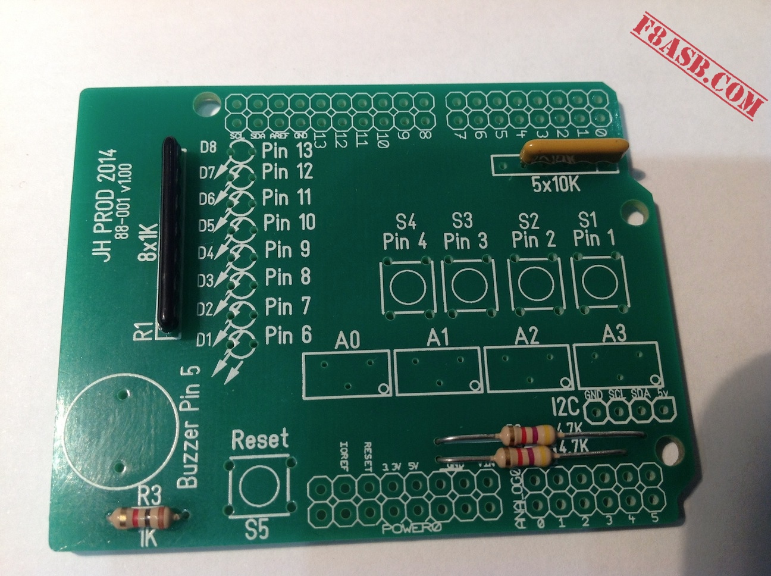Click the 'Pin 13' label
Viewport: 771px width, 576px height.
(288, 152)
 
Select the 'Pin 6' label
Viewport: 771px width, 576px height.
(288, 335)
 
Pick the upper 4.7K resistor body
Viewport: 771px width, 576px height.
(528, 435)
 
